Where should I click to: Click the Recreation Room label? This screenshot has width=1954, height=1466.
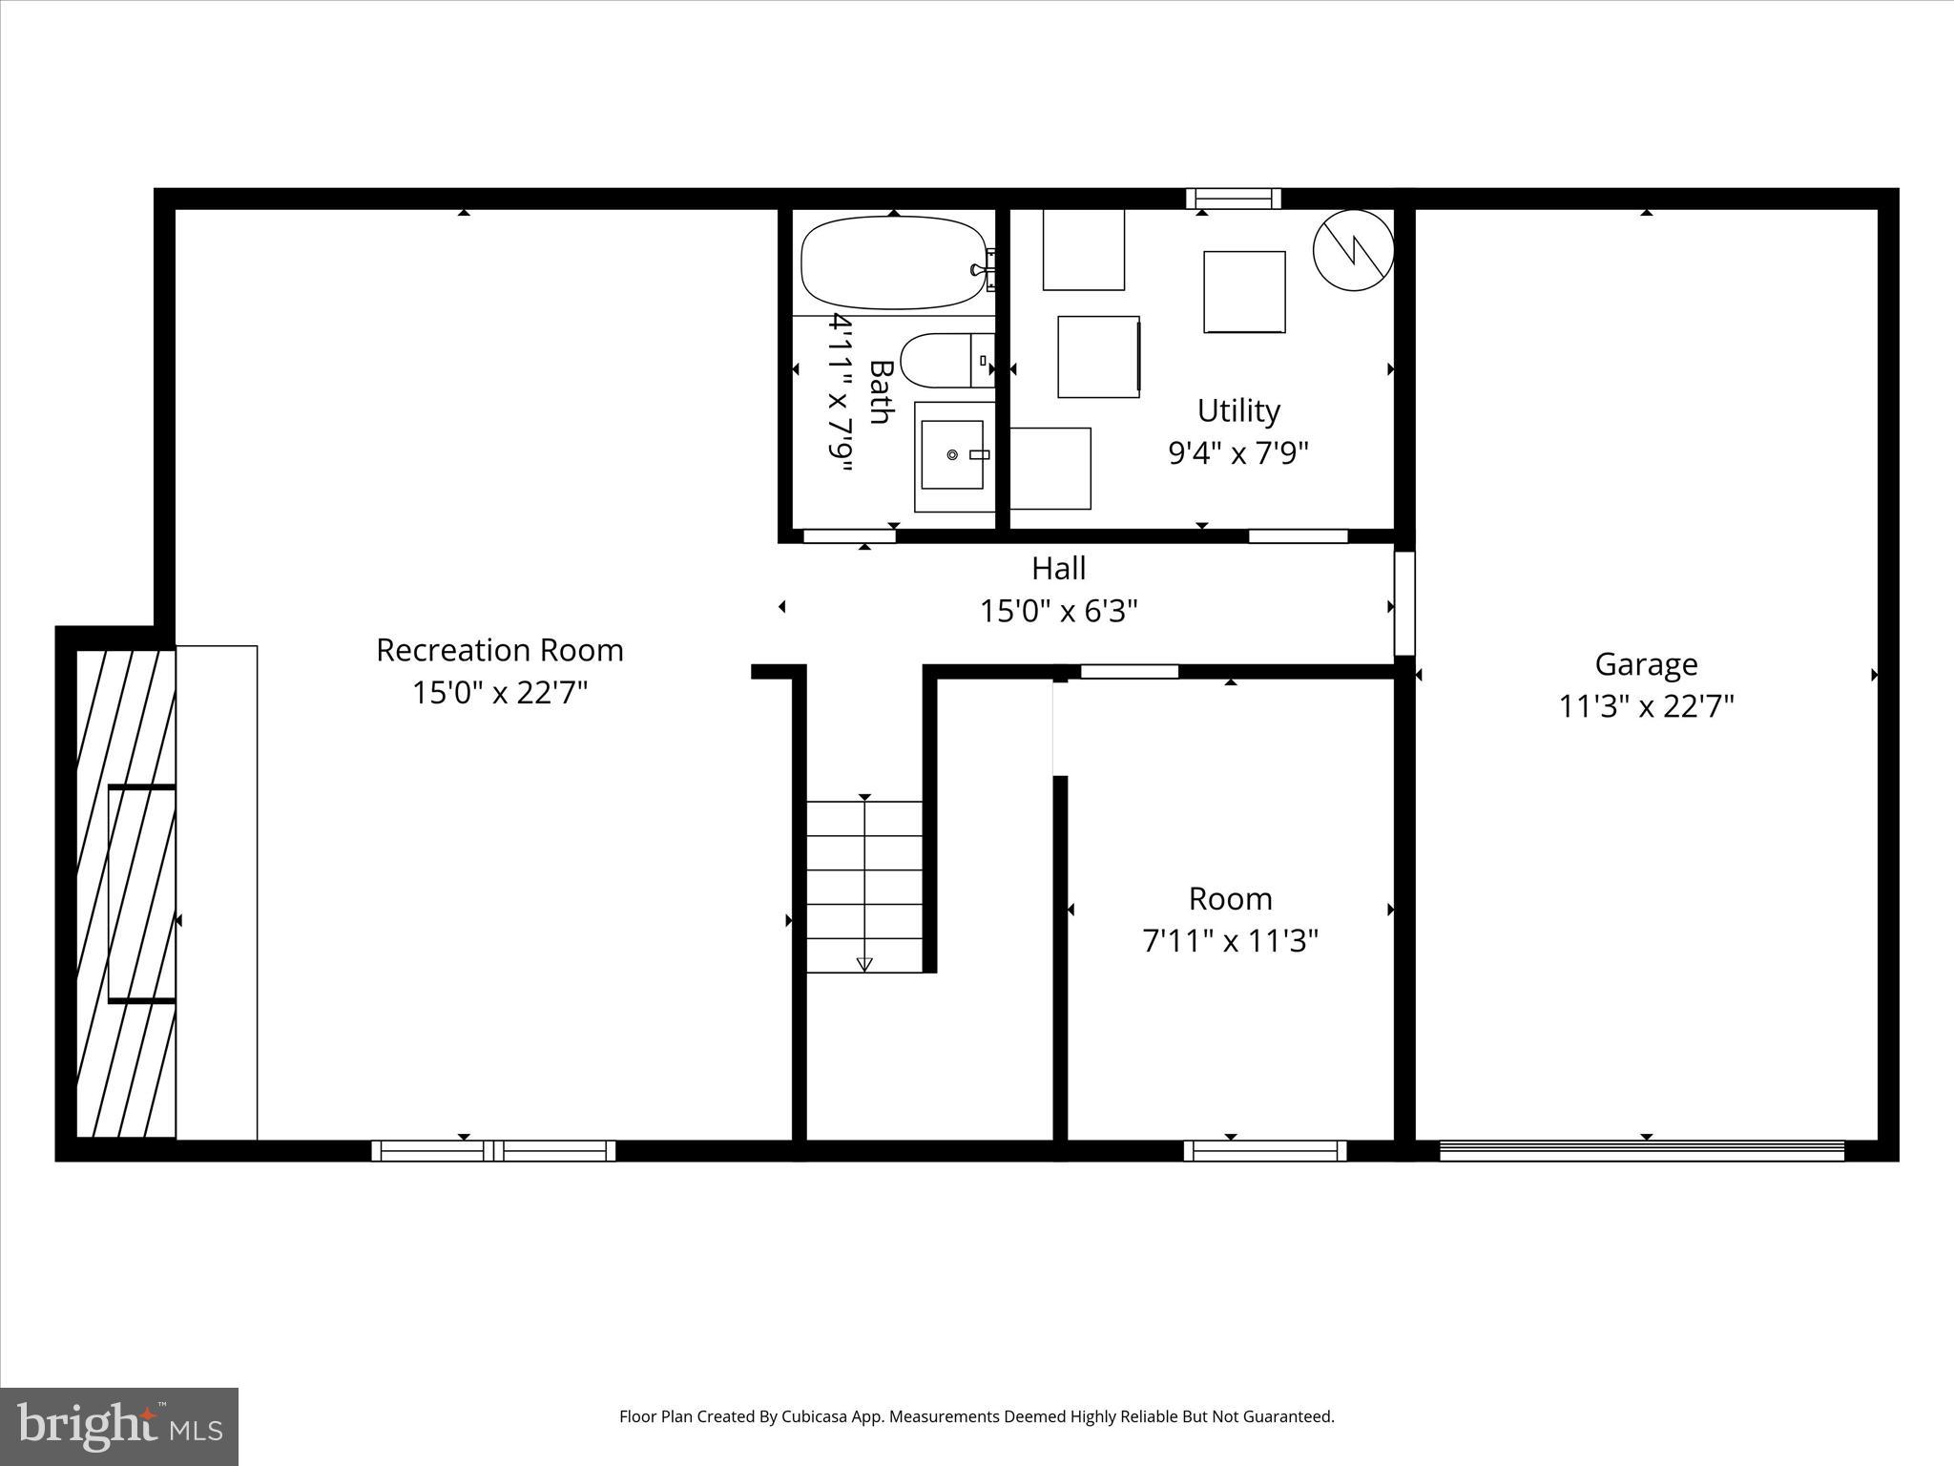coord(499,650)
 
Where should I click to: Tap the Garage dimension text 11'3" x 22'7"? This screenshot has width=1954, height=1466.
coord(1646,706)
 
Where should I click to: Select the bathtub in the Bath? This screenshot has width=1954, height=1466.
coord(893,262)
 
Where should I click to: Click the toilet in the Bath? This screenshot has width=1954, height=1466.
coord(940,361)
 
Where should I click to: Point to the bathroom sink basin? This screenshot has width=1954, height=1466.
coord(952,455)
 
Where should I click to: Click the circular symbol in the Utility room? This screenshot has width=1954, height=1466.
coord(1353,250)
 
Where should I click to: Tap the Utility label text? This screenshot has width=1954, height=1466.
coord(1238,410)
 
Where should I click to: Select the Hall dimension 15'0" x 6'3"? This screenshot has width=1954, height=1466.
coord(1058,611)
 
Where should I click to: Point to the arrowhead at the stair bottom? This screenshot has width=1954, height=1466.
coord(864,964)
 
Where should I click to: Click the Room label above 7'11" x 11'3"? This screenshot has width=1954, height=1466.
coord(1230,898)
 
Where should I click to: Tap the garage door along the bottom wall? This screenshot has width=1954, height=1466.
coord(1641,1150)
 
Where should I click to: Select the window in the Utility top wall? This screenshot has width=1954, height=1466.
coord(1233,199)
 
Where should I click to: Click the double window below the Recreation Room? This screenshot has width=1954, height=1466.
coord(493,1150)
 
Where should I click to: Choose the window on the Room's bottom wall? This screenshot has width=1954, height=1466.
coord(1265,1150)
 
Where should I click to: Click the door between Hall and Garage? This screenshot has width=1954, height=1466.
coord(1403,603)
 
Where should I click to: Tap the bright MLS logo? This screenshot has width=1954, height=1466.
coord(119,1426)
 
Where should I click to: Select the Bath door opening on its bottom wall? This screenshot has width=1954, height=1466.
coord(849,536)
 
